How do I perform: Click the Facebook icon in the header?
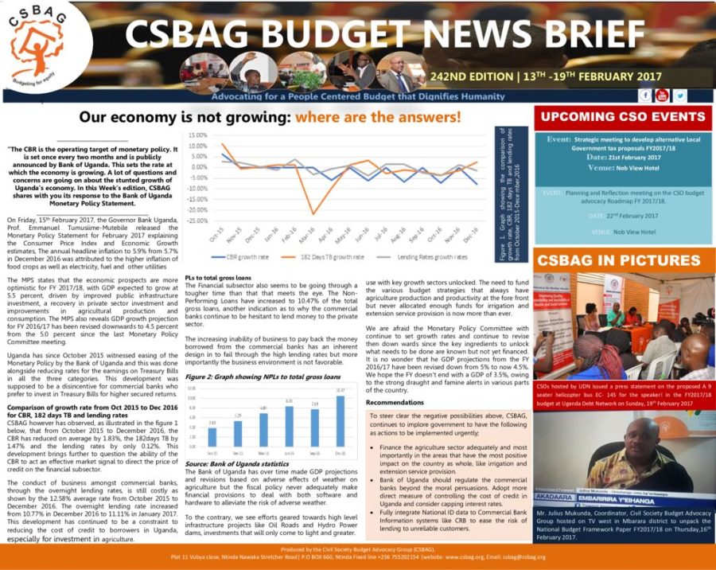point(646,96)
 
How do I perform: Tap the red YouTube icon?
point(663,96)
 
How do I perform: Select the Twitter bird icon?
point(680,96)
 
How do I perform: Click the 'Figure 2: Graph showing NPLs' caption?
point(262,376)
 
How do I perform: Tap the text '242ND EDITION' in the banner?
point(470,76)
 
